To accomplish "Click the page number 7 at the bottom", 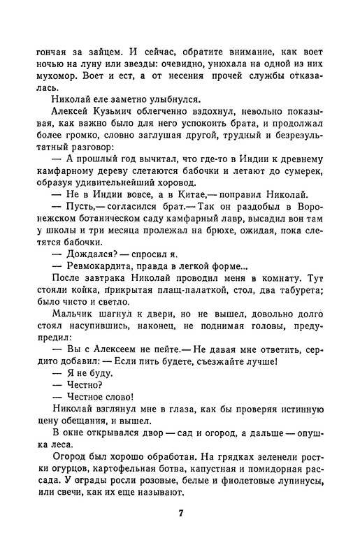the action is (180, 515).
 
